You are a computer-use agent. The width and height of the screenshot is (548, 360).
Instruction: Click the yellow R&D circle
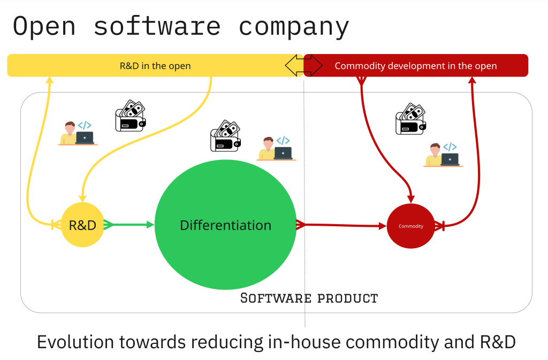point(82,225)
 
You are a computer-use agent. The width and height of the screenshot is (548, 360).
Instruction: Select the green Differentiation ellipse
point(225,225)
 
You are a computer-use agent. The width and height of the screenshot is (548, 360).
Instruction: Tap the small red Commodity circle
point(410,226)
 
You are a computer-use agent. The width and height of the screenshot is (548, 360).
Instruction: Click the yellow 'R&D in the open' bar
point(155,66)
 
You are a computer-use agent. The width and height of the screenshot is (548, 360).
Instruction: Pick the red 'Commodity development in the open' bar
point(416,66)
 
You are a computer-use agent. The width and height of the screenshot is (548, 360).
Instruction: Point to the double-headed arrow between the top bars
point(303,65)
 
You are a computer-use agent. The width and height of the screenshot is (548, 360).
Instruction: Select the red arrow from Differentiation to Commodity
point(342,225)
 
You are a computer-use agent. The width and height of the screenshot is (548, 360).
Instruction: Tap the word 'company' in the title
point(293,27)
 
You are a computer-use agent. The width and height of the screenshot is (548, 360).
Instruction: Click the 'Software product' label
point(309,298)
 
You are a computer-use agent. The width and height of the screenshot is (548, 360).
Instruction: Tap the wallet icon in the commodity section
point(410,119)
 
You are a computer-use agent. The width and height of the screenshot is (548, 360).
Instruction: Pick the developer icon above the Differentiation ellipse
point(276,148)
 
